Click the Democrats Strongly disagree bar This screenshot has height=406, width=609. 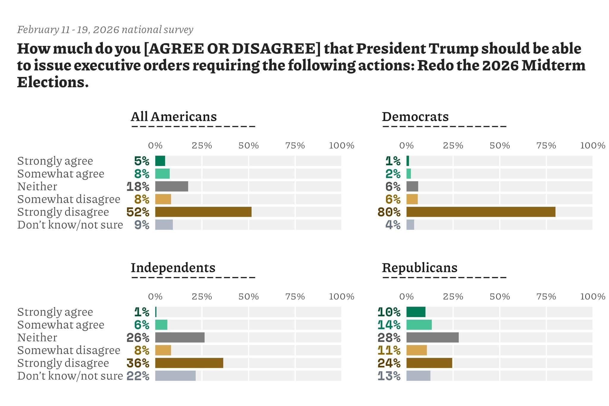pos(481,212)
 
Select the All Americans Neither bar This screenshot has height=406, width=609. pos(172,186)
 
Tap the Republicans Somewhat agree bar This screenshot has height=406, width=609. pos(419,325)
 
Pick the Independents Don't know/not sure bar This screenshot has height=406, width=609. pos(175,376)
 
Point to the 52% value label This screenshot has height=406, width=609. pos(138,212)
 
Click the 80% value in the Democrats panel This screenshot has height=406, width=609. pos(389,212)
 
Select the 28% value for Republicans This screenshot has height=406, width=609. pos(389,338)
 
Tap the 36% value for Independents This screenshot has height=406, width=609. pos(138,363)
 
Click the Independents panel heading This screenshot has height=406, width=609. pos(173,268)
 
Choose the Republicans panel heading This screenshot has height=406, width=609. pos(419,268)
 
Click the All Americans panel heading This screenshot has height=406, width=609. pos(174,117)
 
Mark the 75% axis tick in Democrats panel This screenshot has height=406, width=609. pos(546,145)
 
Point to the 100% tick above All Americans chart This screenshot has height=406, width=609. pos(341,145)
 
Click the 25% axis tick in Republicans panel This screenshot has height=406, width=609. pos(453,297)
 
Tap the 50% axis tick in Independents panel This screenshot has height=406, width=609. pos(249,297)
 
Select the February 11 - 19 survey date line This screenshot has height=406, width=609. pos(105,30)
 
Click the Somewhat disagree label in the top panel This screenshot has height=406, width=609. pos(69,199)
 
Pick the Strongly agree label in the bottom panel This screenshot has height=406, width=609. pos(55,312)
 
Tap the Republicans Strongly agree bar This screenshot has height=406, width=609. pos(416,312)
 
